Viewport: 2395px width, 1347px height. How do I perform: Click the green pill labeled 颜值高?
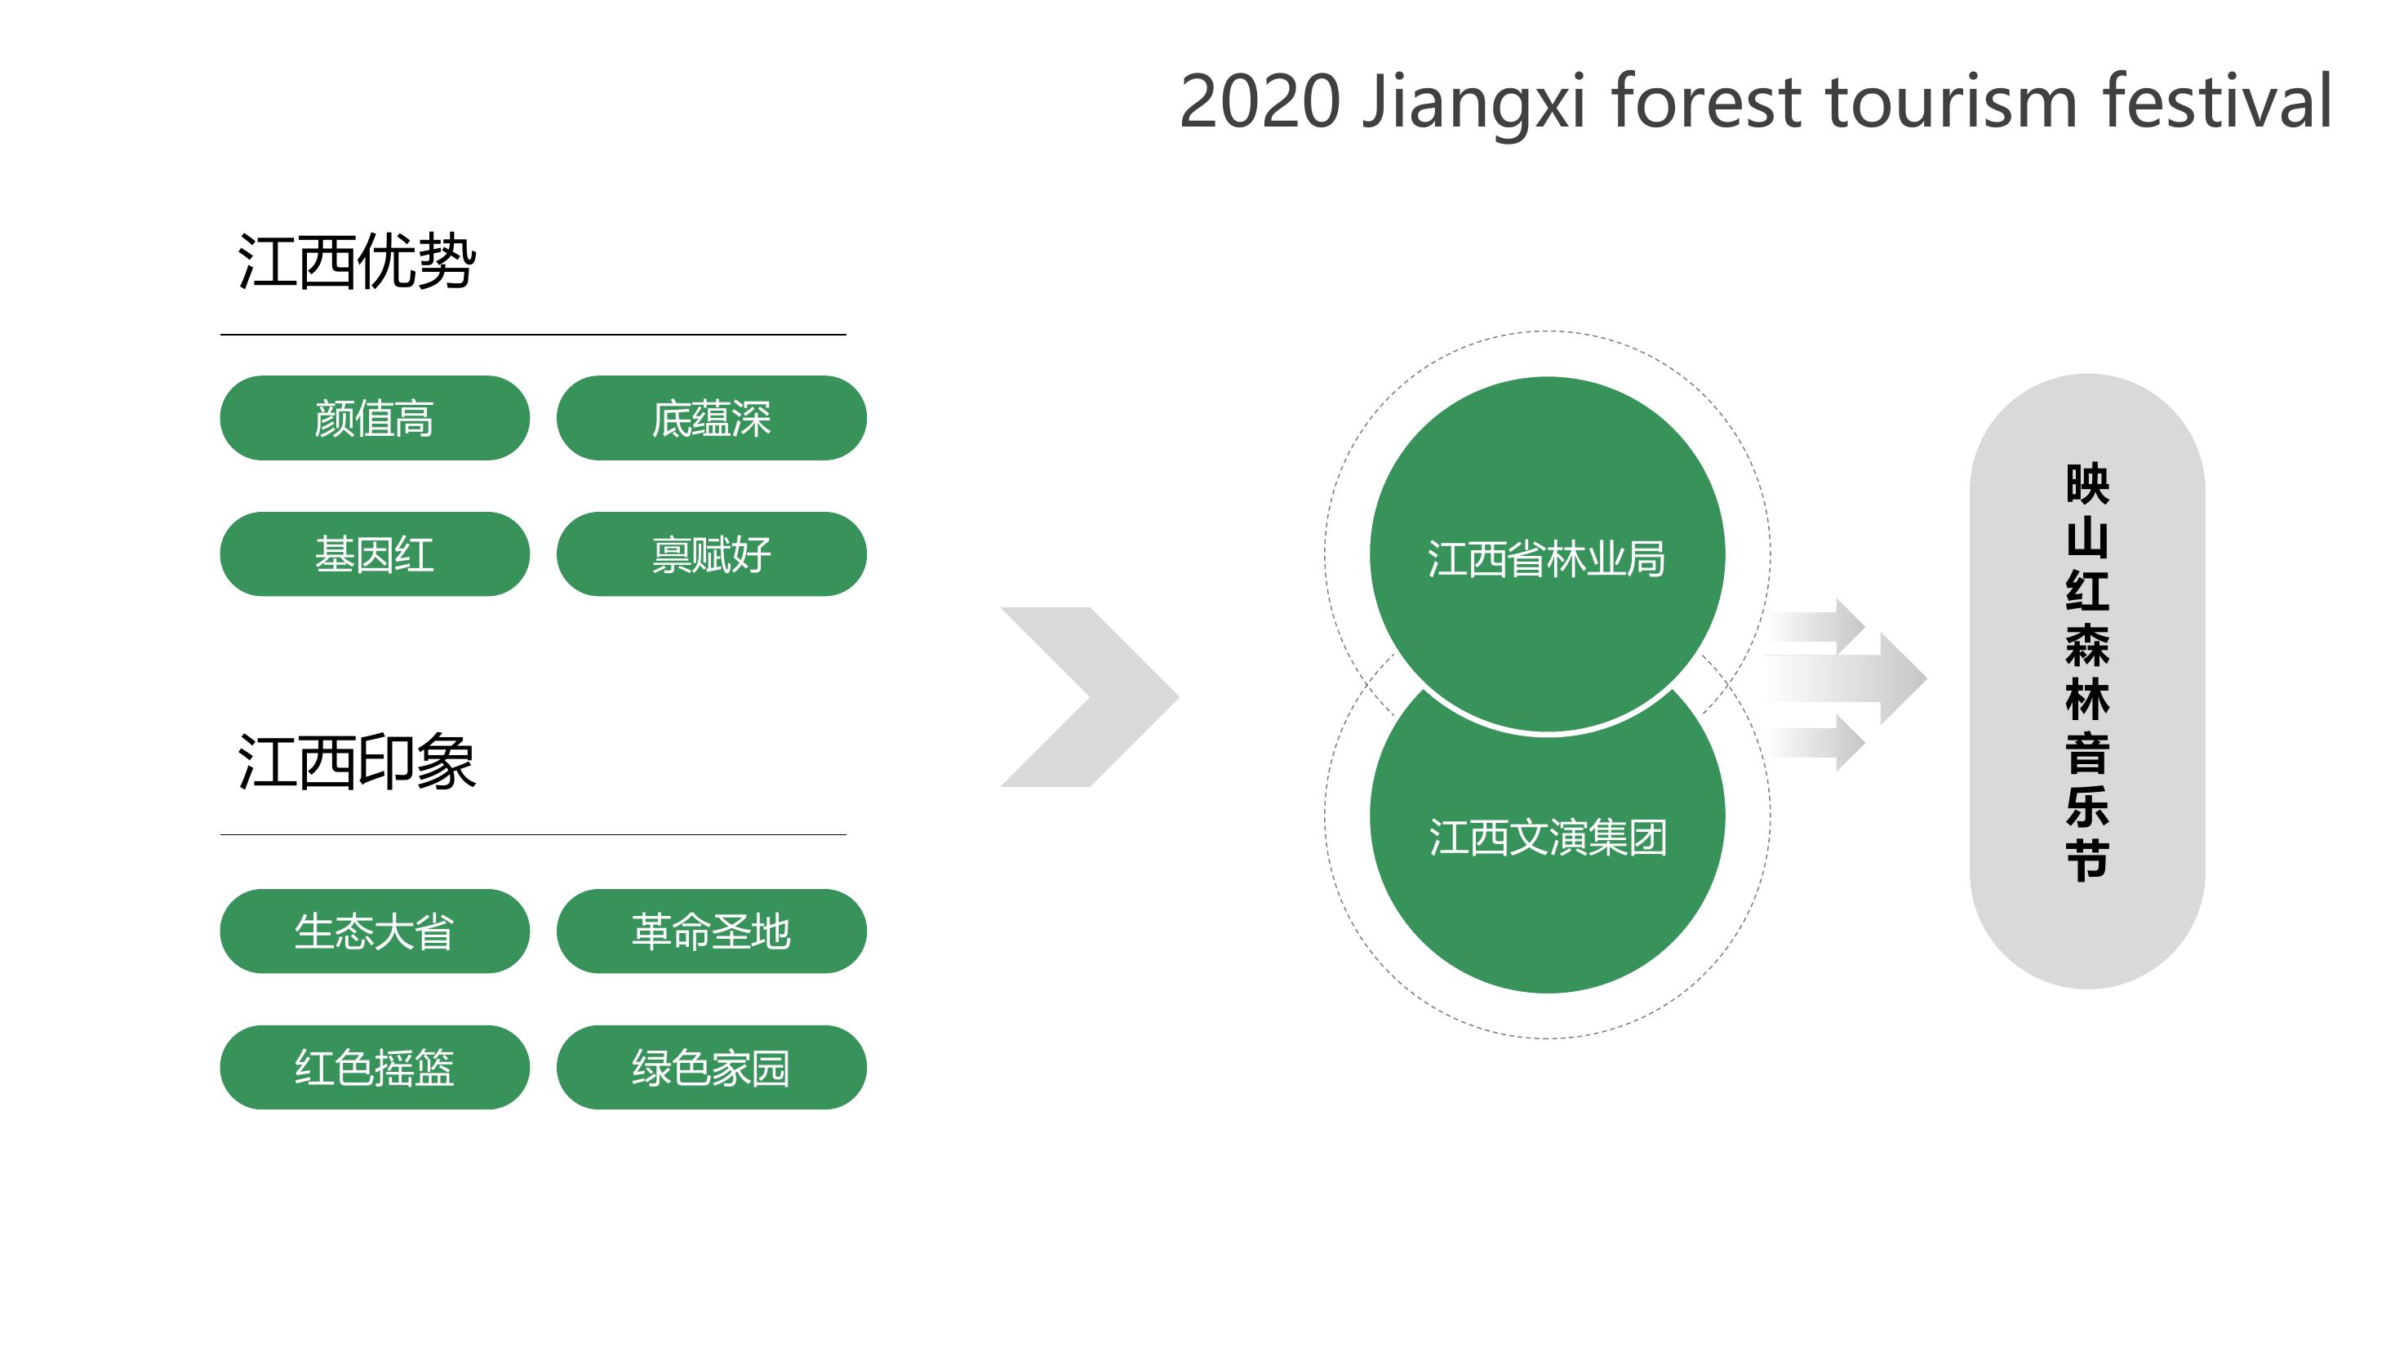tap(375, 418)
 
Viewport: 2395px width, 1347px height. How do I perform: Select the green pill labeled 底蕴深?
tap(711, 418)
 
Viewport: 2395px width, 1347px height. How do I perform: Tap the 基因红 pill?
tap(375, 554)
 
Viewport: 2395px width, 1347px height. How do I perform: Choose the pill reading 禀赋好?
tap(711, 554)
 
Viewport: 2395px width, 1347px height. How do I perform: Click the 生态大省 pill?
tap(375, 931)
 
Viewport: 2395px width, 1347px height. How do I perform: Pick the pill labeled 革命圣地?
tap(711, 931)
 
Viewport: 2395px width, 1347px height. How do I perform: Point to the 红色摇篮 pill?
tap(375, 1067)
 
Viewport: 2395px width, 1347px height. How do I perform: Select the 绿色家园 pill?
tap(711, 1067)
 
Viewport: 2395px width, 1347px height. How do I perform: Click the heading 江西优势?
tap(357, 261)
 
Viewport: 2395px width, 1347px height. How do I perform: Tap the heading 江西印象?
tap(357, 762)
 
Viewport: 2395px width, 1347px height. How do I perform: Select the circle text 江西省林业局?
tap(1547, 558)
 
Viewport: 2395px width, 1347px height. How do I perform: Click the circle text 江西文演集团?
tap(1547, 837)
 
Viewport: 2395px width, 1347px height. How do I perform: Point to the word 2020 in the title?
tap(1260, 101)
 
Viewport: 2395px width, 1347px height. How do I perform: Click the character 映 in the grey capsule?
tap(2087, 484)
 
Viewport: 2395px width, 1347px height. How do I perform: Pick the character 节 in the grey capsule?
tap(2087, 860)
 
